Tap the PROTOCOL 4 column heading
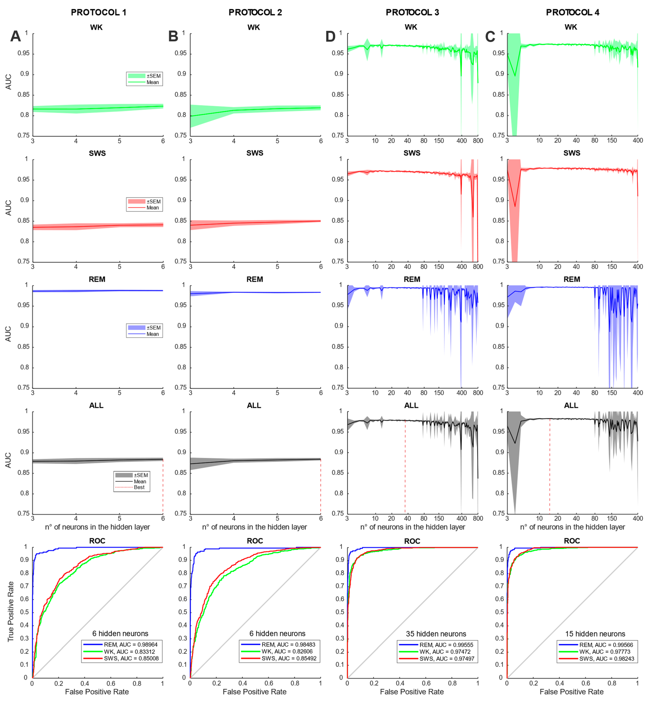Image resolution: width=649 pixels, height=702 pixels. coord(573,12)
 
